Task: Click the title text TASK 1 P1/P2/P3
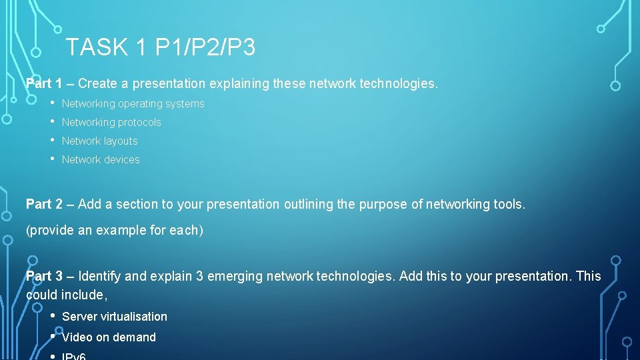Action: tap(161, 48)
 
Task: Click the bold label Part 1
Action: tap(44, 84)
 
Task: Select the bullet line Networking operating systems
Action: tap(133, 104)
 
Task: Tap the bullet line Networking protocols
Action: tap(111, 123)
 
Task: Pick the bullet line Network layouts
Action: tap(99, 141)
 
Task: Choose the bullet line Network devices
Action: tap(101, 160)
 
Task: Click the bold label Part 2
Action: tap(44, 205)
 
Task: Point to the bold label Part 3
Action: tap(44, 277)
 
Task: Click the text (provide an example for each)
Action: tap(114, 231)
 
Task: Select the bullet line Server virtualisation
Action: tap(114, 317)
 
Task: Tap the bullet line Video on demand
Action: tap(109, 337)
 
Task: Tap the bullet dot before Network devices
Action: tap(53, 159)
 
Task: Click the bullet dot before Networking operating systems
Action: tap(53, 103)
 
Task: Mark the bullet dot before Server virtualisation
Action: tap(53, 316)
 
